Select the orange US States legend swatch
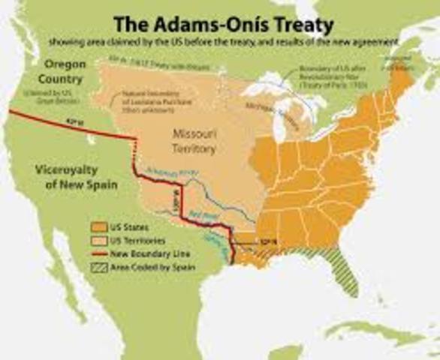pyautogui.click(x=96, y=226)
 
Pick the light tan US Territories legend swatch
pyautogui.click(x=96, y=241)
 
